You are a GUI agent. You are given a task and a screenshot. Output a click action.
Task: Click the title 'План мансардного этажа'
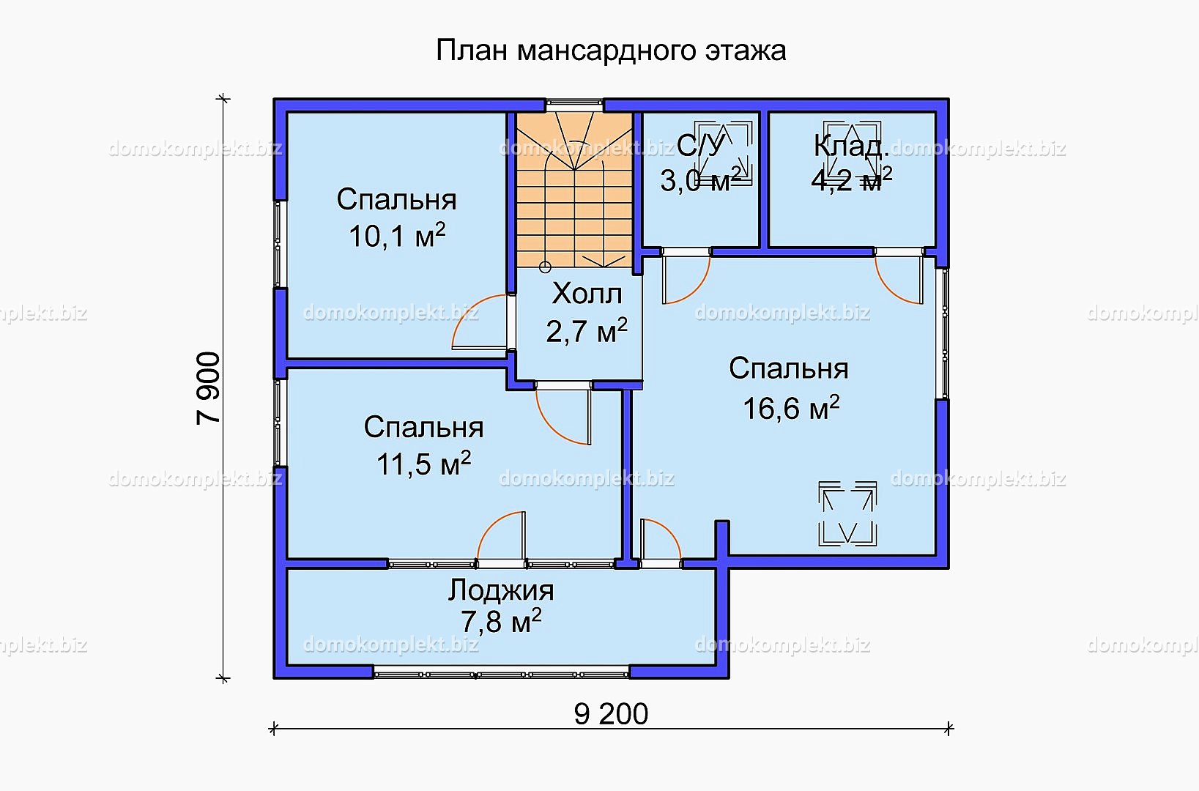(611, 51)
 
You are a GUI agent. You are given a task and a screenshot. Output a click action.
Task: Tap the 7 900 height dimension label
(208, 388)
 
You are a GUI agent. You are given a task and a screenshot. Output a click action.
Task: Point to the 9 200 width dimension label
(611, 714)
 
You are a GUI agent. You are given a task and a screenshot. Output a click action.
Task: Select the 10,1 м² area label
(397, 236)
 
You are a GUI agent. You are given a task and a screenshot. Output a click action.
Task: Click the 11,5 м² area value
(423, 464)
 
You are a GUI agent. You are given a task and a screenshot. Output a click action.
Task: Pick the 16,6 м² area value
(791, 408)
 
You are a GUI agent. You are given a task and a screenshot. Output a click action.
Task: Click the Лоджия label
(501, 590)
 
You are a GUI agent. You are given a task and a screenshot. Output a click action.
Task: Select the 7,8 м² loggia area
(501, 622)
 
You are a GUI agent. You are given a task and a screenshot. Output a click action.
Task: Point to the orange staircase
(574, 190)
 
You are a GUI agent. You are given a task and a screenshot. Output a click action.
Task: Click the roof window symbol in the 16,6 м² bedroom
(847, 513)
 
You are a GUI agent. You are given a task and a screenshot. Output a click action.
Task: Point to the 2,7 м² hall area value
(587, 331)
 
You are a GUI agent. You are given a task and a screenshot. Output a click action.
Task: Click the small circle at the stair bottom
(545, 267)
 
